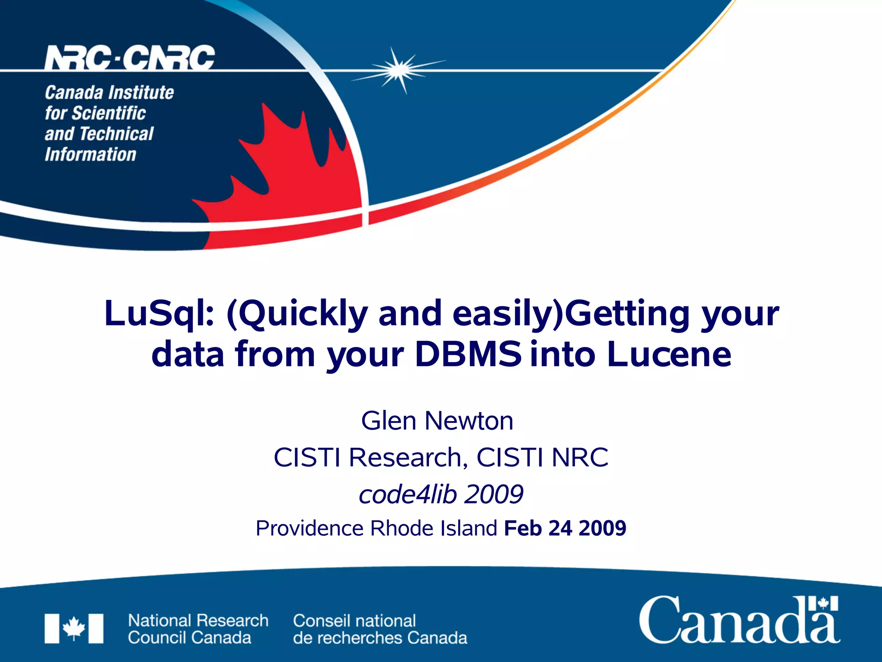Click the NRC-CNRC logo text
130,58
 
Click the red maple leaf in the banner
284,181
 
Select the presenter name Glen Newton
437,421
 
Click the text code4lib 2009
441,494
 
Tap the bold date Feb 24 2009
565,528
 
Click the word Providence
310,528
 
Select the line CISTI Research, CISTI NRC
441,457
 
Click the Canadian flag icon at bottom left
74,628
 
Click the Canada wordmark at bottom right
739,621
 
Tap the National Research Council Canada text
198,629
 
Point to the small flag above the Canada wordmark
823,603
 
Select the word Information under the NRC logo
90,154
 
